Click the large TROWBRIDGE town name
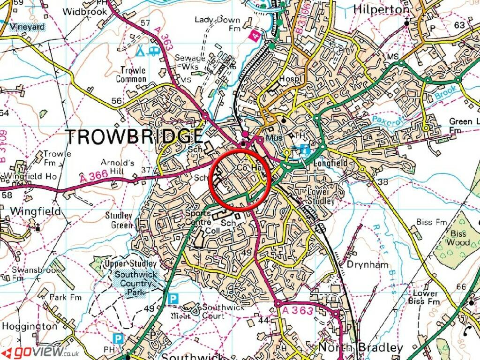(x=135, y=136)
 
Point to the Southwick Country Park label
(x=135, y=284)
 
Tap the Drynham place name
(x=367, y=264)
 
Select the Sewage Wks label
(x=190, y=62)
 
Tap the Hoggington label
(x=30, y=326)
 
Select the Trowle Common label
(x=133, y=75)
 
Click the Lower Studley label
(x=321, y=196)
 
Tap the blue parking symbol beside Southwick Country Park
(x=173, y=298)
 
